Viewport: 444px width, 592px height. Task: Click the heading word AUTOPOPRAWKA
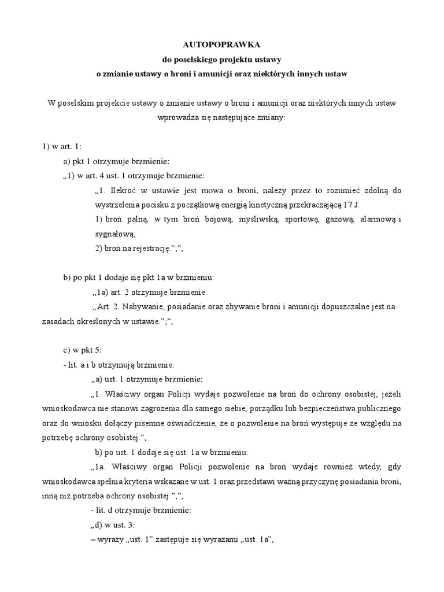221,45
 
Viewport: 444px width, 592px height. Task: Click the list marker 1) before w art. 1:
46,146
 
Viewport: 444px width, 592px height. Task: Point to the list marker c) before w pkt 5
67,351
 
